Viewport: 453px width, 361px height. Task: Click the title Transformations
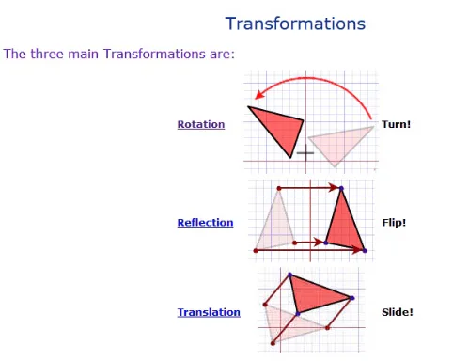click(x=295, y=24)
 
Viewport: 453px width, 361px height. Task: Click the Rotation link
click(x=200, y=124)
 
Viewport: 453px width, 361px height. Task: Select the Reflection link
click(x=205, y=223)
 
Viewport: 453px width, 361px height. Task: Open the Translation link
click(x=208, y=312)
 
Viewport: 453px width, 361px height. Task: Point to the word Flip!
click(x=394, y=223)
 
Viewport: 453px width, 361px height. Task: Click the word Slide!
click(x=397, y=312)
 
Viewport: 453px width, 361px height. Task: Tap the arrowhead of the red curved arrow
click(x=259, y=91)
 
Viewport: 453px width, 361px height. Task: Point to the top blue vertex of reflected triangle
click(x=341, y=189)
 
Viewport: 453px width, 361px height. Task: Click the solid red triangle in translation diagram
click(x=315, y=295)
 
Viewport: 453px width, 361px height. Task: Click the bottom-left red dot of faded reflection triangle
click(x=256, y=250)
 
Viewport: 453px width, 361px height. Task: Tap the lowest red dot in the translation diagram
click(x=273, y=343)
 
